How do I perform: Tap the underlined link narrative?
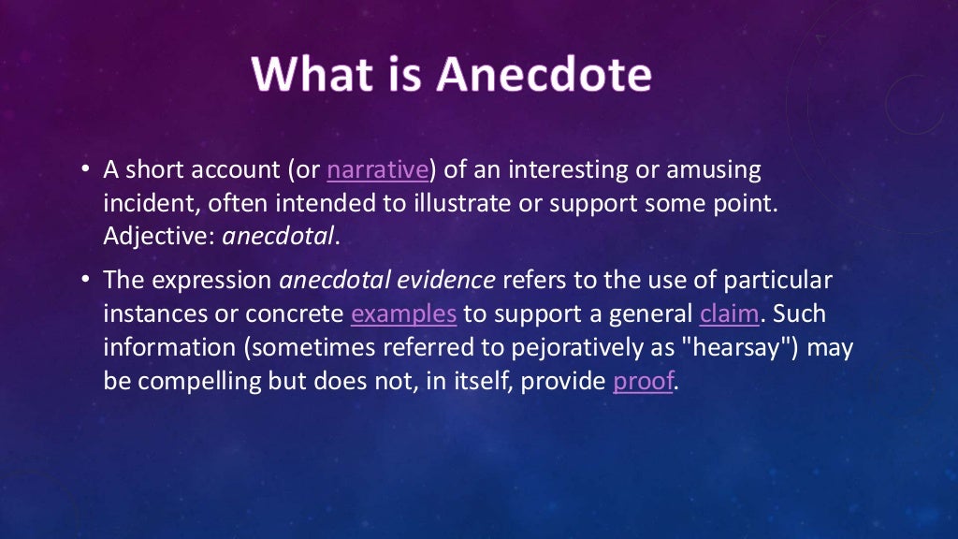[377, 170]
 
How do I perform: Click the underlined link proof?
[643, 383]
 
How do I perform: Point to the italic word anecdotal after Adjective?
[278, 238]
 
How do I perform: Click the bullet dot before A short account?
[85, 170]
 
